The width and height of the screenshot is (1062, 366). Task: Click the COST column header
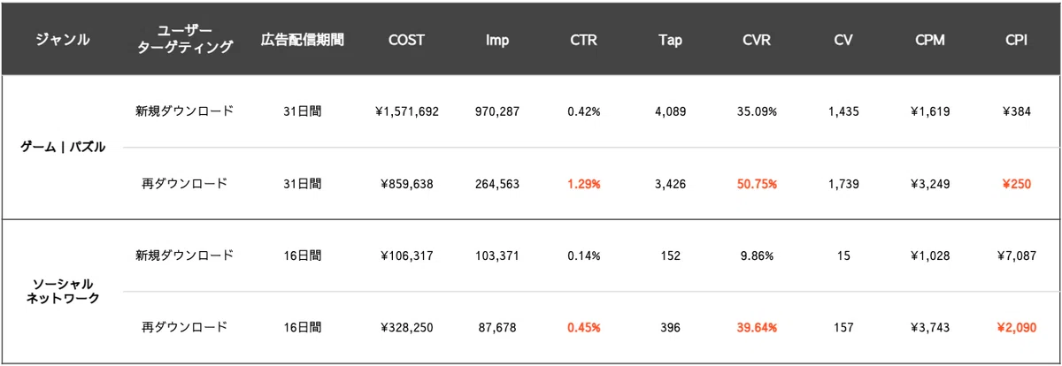[406, 40]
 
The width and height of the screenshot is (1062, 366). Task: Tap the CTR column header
[583, 40]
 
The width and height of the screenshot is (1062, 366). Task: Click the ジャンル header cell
[63, 40]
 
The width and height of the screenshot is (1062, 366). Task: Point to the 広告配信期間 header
[302, 40]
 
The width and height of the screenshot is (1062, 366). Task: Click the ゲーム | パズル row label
[63, 148]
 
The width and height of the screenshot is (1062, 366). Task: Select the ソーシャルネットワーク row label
[63, 291]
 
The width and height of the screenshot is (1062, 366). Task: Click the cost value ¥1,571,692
[407, 111]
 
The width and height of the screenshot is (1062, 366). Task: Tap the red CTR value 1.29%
[584, 184]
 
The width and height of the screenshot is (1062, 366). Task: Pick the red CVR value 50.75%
[757, 184]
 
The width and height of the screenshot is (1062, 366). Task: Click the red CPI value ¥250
[1016, 184]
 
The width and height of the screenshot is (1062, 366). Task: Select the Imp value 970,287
[497, 111]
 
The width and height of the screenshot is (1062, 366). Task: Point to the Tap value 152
[670, 255]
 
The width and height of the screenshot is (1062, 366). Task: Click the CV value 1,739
[843, 184]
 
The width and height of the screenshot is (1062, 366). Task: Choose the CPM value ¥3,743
[930, 327]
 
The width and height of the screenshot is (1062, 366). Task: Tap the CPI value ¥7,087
[1016, 255]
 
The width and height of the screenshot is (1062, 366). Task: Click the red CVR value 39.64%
[757, 327]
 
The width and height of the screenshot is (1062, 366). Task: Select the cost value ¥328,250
[407, 327]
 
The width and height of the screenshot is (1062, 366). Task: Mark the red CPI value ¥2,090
[1016, 327]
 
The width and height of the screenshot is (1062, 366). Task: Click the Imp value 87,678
[497, 327]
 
